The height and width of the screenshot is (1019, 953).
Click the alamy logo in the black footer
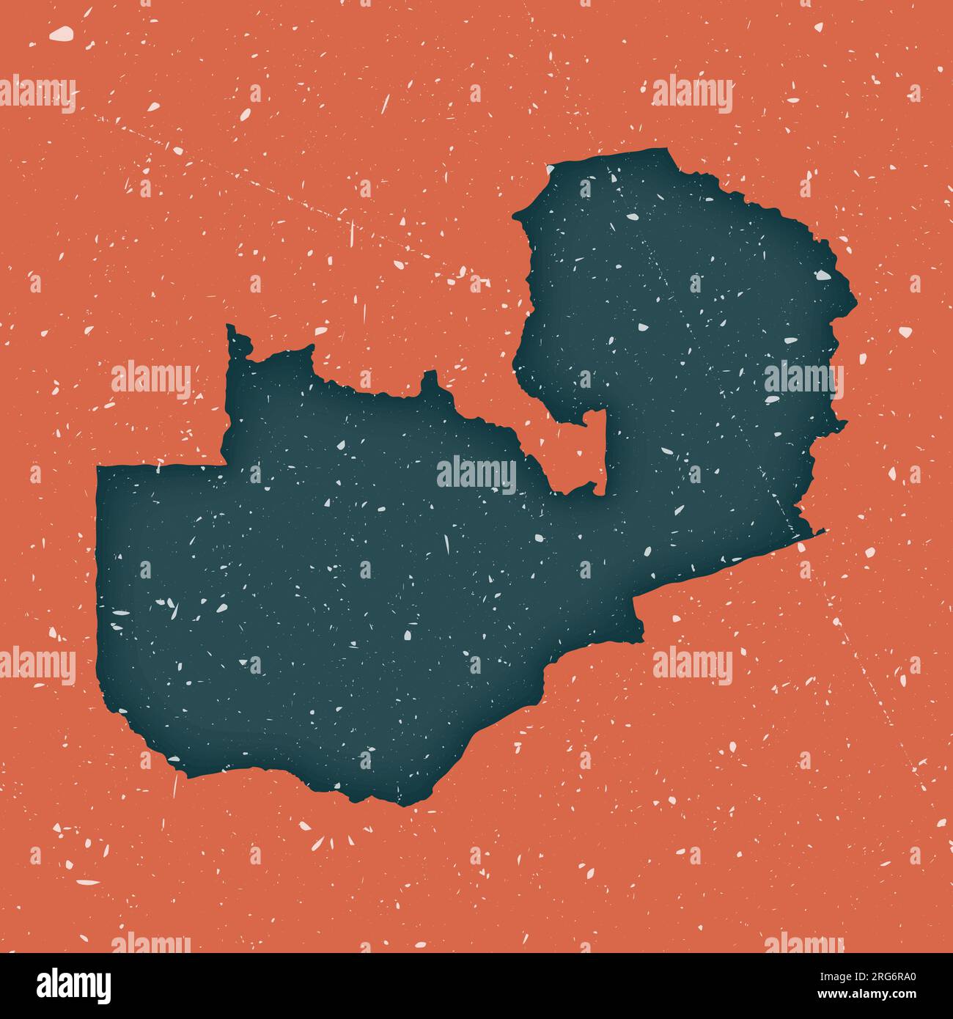pos(74,985)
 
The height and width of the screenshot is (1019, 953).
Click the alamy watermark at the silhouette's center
pos(476,474)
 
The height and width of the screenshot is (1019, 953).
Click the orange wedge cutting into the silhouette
pos(586,455)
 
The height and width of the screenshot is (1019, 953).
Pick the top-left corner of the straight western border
pos(98,467)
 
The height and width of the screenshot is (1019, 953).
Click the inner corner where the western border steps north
pos(224,463)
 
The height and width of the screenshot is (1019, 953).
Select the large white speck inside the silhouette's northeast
pos(823,276)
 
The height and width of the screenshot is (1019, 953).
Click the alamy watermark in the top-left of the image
pos(37,94)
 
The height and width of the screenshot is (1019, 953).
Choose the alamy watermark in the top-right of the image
pos(692,94)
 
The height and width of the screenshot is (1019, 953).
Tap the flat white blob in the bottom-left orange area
pos(87,882)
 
